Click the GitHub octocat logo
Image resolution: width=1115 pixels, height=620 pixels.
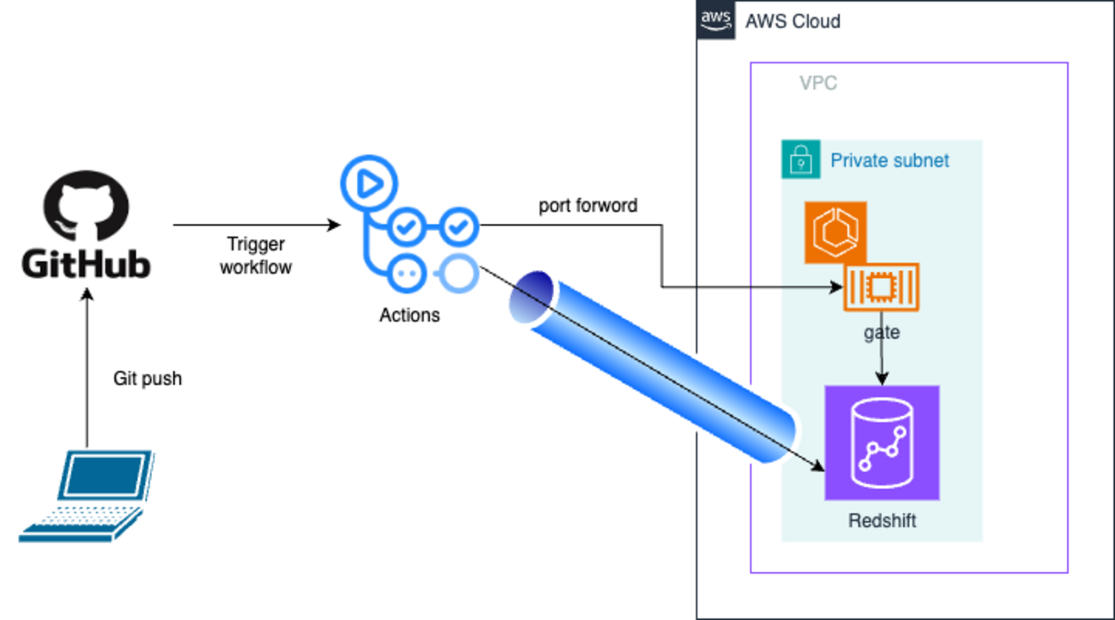point(86,205)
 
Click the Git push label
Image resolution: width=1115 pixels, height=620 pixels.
point(148,378)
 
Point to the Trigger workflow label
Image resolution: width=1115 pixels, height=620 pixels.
point(256,256)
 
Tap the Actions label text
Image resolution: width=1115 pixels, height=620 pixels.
point(409,315)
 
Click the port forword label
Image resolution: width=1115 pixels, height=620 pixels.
point(588,206)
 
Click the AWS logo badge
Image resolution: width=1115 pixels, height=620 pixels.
point(715,21)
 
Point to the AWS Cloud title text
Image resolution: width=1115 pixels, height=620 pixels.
point(793,21)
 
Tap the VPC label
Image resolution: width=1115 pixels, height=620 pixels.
point(817,84)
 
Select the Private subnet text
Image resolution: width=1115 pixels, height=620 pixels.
point(889,160)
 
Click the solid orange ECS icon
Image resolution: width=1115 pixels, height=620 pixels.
point(835,232)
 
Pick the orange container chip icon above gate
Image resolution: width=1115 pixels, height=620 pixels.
point(881,287)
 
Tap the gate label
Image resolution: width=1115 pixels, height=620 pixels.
point(882,331)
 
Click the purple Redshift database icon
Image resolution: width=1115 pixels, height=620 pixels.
point(882,442)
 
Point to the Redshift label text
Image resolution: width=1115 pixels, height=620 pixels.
point(882,521)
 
